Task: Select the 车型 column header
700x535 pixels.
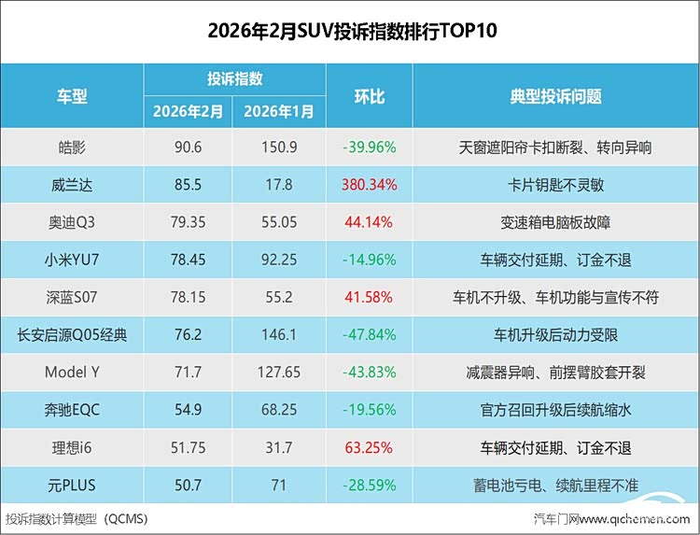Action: pos(72,96)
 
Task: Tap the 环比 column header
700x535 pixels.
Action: pos(369,96)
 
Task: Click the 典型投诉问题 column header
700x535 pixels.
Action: pos(555,96)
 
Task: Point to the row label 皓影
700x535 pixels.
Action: pos(72,148)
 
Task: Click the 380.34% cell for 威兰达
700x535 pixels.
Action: pos(369,185)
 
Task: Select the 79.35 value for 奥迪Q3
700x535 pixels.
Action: pos(189,222)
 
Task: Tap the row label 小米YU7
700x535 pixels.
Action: pos(72,260)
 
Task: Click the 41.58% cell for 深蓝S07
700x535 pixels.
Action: pos(369,297)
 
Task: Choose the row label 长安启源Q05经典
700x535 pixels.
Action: pos(72,335)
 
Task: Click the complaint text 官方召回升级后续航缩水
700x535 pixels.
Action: pos(555,410)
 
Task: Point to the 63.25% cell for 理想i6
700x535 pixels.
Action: pos(369,447)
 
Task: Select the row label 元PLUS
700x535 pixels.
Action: pos(72,486)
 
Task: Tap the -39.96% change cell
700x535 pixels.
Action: pos(369,148)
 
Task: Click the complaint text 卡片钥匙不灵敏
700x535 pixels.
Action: pos(555,185)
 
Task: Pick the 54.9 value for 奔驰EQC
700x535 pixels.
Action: pos(189,410)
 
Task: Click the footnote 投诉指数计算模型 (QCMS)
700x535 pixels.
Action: pos(77,518)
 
